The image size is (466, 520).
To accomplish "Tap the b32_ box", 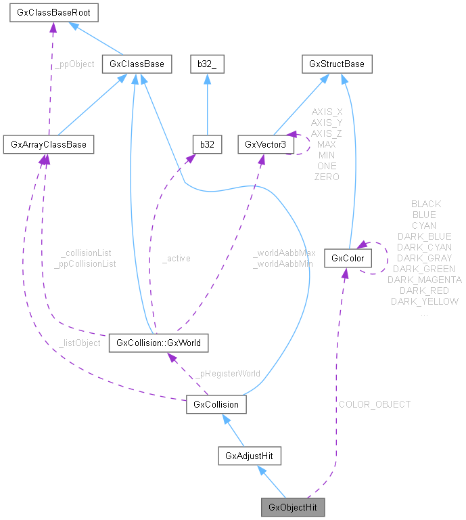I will tap(206, 64).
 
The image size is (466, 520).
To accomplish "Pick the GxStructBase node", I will tap(337, 64).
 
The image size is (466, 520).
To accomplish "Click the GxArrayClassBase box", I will tap(48, 144).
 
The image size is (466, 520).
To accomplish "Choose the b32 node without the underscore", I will tap(206, 144).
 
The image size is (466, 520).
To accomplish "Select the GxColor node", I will tap(348, 258).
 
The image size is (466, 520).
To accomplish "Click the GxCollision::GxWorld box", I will tap(158, 343).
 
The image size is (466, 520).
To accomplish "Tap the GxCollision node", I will tap(216, 404).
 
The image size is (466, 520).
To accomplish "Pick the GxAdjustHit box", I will tap(250, 456).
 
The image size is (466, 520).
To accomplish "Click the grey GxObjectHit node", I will tap(293, 507).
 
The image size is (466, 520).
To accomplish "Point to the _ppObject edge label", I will tap(74, 64).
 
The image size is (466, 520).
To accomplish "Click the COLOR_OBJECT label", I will tap(375, 404).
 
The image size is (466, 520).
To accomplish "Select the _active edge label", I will tap(177, 258).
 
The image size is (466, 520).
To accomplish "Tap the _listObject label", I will tap(79, 343).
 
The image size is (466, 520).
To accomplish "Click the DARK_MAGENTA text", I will tap(425, 280).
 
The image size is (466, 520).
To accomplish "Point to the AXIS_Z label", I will tap(326, 133).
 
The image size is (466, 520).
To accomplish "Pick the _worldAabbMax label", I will tap(284, 253).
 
